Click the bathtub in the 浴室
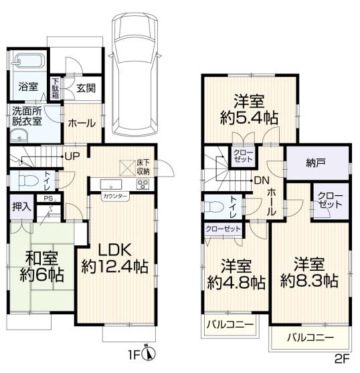28,60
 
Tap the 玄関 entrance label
86,88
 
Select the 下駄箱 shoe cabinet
56,88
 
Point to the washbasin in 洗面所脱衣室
19,136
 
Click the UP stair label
72,156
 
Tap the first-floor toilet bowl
28,180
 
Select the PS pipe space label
48,199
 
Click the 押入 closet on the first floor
21,207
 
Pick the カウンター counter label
115,197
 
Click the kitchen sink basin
111,184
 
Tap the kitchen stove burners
143,184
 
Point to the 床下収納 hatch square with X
127,168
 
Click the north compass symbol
149,353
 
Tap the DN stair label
262,180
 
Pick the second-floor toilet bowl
214,207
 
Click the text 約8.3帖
309,281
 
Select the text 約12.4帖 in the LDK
115,267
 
